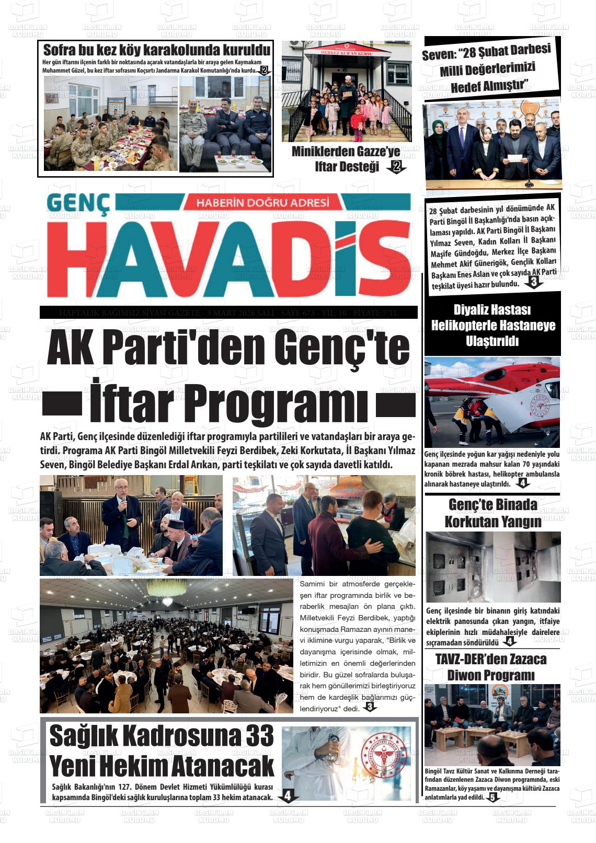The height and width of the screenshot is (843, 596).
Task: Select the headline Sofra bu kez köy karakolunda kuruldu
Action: click(156, 51)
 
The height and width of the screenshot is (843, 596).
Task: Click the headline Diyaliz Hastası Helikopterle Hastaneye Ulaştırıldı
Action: click(492, 325)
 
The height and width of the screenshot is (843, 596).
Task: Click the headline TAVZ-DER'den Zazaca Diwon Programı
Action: click(491, 666)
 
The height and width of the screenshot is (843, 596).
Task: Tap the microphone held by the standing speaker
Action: click(123, 503)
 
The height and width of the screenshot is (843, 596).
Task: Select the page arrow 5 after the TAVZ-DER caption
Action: click(492, 798)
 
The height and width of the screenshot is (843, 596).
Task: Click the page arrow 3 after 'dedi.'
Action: click(370, 708)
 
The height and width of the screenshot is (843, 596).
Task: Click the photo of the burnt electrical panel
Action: click(492, 567)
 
